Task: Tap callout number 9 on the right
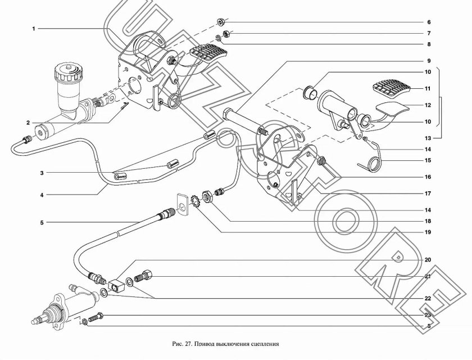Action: [x=428, y=61]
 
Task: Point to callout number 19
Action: [x=428, y=232]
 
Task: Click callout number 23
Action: [x=428, y=315]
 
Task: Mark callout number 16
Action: [x=428, y=177]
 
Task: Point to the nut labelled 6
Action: [x=221, y=23]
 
